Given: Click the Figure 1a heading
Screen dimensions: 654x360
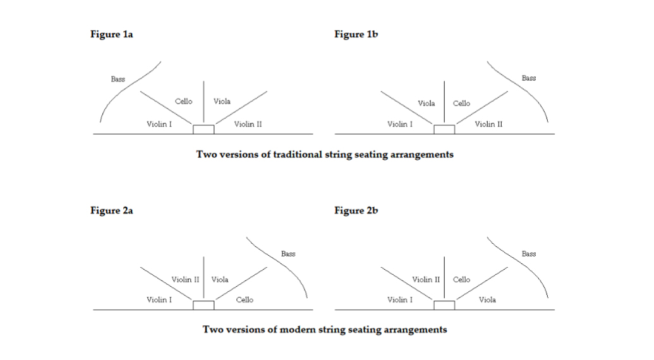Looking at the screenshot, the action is tap(111, 34).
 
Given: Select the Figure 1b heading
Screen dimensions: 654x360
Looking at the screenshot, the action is tap(356, 34).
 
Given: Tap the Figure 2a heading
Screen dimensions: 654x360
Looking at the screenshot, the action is tap(111, 210).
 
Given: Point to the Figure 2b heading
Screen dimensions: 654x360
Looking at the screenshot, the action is tap(356, 210).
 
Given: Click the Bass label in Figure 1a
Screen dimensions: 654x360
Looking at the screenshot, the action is tap(118, 79).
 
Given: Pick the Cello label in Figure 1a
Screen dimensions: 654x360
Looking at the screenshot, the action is tap(183, 101).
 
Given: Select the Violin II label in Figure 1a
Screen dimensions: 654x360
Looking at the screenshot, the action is tap(248, 124).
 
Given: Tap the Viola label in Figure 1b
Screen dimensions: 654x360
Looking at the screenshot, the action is tap(427, 104).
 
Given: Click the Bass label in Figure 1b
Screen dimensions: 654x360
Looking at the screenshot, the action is tap(529, 78).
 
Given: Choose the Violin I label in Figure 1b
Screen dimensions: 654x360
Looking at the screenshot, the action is tap(399, 124).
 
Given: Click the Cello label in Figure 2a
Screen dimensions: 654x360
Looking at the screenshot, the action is tap(245, 299).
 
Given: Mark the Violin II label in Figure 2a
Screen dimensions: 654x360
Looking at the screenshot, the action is tap(185, 280).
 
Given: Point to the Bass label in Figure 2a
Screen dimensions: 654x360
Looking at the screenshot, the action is tap(288, 254).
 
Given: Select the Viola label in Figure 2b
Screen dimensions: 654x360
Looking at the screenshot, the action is tap(487, 299).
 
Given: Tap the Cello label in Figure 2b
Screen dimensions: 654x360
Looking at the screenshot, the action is tap(461, 280).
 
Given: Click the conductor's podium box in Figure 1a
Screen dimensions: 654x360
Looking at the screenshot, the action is tap(203, 129).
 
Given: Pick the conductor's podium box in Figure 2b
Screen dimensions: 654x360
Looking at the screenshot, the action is tap(444, 305).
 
